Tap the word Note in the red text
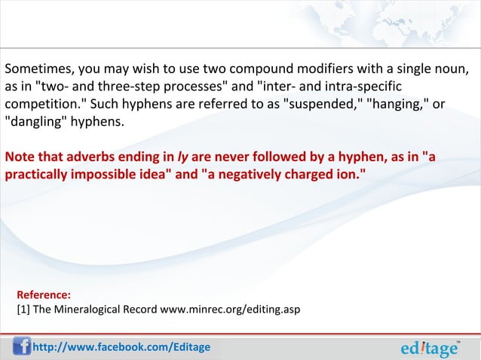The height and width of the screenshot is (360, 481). click(x=20, y=157)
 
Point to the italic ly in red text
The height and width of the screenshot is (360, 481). click(x=182, y=157)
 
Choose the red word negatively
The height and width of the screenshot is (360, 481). click(x=247, y=174)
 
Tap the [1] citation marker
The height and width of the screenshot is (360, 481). click(x=23, y=310)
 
